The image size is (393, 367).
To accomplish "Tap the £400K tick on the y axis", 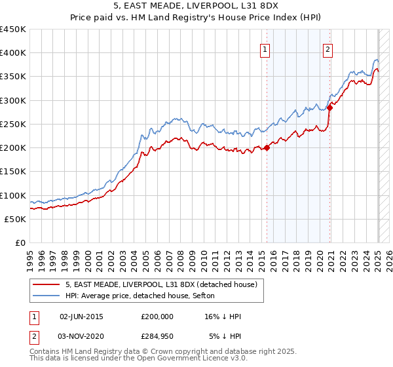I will pyautogui.click(x=12, y=52).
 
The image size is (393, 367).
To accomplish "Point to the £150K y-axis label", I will pyautogui.click(x=12, y=171).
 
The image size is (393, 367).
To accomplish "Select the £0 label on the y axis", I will pyautogui.click(x=20, y=242).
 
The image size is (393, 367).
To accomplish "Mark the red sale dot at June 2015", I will pyautogui.click(x=267, y=147).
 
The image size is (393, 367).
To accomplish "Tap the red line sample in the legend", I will pyautogui.click(x=47, y=284).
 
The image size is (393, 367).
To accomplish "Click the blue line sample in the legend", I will pyautogui.click(x=47, y=296).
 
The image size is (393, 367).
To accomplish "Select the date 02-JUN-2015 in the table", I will pyautogui.click(x=81, y=317).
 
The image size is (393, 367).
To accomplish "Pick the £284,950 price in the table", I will pyautogui.click(x=157, y=336).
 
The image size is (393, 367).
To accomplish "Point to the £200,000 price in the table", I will pyautogui.click(x=157, y=317).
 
